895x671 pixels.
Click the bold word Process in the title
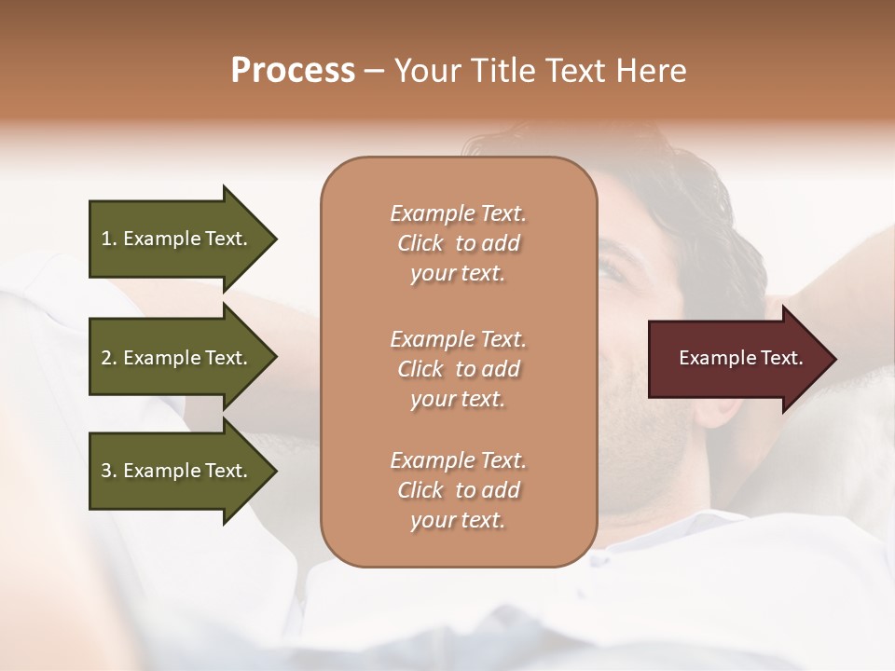pos(293,71)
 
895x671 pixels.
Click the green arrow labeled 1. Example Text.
pos(177,239)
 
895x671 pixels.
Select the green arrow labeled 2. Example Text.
pos(177,358)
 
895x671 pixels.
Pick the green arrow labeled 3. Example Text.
pos(177,471)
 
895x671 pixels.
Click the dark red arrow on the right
pos(737,359)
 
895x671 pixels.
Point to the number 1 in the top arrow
pos(106,239)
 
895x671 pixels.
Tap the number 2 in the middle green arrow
pos(106,358)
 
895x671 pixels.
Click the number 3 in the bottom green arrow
pos(106,471)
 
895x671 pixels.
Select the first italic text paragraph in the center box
pos(458,243)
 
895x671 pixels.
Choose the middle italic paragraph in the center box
pos(458,368)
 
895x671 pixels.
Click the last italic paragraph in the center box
pos(458,490)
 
